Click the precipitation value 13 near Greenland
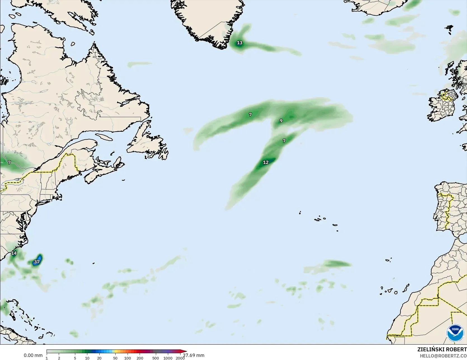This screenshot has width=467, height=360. tap(240, 43)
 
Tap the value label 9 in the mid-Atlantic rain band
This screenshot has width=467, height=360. tap(281, 121)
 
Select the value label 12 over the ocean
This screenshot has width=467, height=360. tap(266, 162)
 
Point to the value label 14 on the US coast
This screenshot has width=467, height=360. tap(14, 253)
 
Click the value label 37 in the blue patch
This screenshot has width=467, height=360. tap(37, 262)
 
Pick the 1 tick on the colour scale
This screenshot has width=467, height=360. tap(47, 358)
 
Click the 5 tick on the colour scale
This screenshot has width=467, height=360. tap(75, 358)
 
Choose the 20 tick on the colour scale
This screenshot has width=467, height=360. tap(99, 358)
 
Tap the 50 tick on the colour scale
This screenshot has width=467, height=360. tap(115, 358)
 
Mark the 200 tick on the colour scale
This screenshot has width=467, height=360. tap(140, 358)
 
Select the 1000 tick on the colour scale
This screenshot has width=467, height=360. tap(168, 358)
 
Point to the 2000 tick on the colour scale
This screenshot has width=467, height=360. tap(180, 358)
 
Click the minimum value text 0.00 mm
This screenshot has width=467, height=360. tap(33, 355)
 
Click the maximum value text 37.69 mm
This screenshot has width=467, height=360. tap(194, 355)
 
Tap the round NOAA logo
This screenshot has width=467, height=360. tap(455, 333)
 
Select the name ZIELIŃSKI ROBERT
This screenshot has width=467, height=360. tap(442, 349)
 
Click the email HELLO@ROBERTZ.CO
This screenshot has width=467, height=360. tap(443, 356)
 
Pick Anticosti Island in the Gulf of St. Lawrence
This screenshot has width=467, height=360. tap(103, 137)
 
